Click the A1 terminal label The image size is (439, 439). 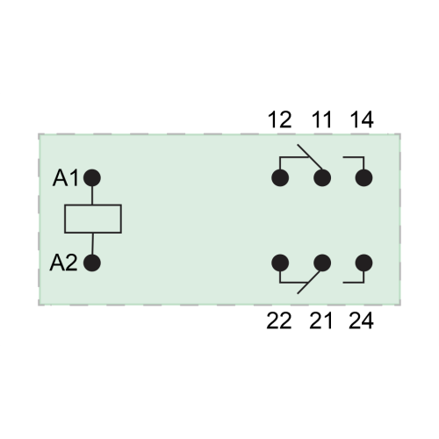pos(66,178)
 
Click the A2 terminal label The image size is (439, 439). pos(64,263)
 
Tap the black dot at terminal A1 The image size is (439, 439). pos(92,178)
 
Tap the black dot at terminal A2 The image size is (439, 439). pos(92,263)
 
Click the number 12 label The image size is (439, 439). pos(280,119)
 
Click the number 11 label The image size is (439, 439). pos(321,119)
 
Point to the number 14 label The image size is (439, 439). pos(362,119)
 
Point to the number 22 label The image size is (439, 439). pos(279,321)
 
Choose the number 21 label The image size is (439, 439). pos(320,321)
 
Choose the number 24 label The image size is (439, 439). pos(361,321)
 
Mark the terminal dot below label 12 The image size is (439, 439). pos(280,178)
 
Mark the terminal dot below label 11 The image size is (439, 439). pos(322,178)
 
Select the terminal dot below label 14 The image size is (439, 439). pos(363,178)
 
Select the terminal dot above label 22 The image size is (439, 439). pos(280,263)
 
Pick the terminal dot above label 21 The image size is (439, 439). pos(322,263)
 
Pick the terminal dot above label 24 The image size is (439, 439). pos(363,263)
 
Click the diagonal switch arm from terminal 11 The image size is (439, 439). pos(310,157)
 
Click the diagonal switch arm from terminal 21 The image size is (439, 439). pos(309,283)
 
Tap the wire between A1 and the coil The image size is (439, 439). pos(92,196)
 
